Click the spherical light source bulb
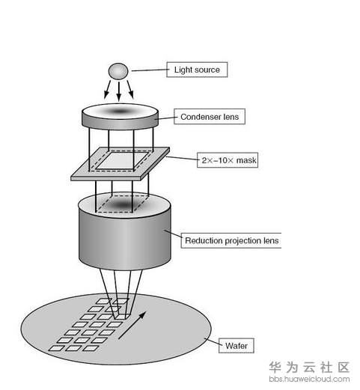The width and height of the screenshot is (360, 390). click(118, 71)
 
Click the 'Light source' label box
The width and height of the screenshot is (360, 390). click(197, 70)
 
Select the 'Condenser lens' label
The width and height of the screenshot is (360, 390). click(210, 117)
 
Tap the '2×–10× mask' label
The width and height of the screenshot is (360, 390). click(228, 160)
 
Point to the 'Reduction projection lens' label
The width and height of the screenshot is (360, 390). click(231, 240)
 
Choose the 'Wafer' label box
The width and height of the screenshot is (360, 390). click(237, 346)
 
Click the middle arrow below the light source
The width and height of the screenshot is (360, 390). click(119, 91)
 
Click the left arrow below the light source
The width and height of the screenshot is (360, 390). click(107, 89)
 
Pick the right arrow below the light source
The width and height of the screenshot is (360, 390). click(130, 89)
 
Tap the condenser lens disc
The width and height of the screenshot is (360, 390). click(120, 116)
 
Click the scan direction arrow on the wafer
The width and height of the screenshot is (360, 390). click(132, 326)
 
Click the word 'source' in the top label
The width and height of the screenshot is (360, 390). click(208, 70)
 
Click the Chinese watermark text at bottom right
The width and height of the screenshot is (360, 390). click(309, 368)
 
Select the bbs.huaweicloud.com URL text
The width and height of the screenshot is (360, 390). click(309, 379)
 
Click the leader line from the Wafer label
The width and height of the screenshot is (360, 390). click(212, 341)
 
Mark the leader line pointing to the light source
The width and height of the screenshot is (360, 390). click(149, 70)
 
